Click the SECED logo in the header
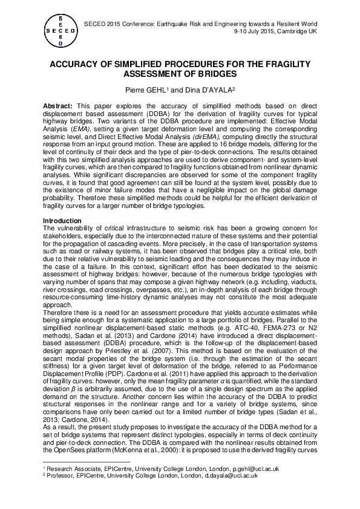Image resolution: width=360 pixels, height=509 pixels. tap(59, 30)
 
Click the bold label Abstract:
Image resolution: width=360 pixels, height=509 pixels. tap(57, 106)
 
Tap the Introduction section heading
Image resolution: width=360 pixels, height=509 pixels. tap(63, 221)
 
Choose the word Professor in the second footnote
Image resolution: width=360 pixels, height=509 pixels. tap(61, 476)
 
